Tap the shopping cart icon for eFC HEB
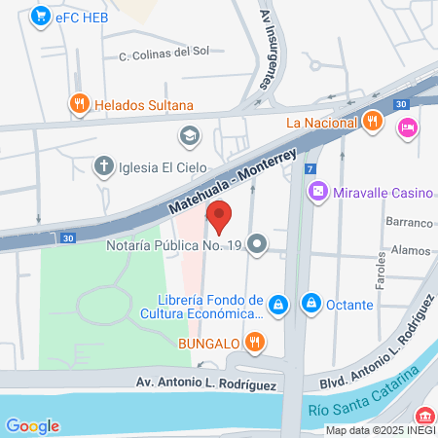pos(40,15)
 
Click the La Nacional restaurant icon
pos(371,122)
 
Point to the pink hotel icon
pos(407,127)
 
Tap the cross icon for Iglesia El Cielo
pos(102,165)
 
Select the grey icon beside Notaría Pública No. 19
pos(257,243)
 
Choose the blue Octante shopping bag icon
pos(310,304)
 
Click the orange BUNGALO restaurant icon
pos(254,342)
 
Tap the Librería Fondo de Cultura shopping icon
pos(278,305)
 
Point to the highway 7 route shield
pos(310,168)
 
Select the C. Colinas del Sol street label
pos(164,55)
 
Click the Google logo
pos(32,425)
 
